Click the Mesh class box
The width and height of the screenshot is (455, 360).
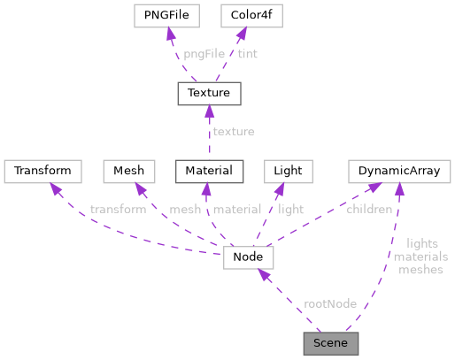tap(129, 170)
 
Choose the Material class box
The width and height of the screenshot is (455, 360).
tap(204, 170)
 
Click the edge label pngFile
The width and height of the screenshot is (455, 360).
tap(204, 54)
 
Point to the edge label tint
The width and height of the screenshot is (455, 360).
tap(248, 54)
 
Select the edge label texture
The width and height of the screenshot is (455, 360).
tap(233, 131)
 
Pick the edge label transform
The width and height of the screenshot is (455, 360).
tap(118, 210)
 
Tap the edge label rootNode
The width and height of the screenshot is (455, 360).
tap(329, 303)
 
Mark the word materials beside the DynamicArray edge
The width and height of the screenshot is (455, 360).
tap(420, 257)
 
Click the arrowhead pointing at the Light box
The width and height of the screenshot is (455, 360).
tap(279, 187)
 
